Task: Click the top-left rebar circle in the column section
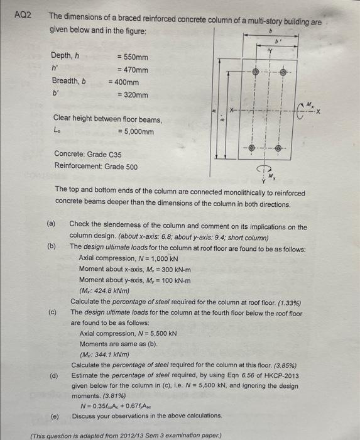[x=255, y=73]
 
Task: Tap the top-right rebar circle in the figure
[x=283, y=73]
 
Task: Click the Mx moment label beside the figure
[x=310, y=105]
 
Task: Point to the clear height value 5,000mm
[x=135, y=131]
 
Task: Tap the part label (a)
[x=52, y=225]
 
